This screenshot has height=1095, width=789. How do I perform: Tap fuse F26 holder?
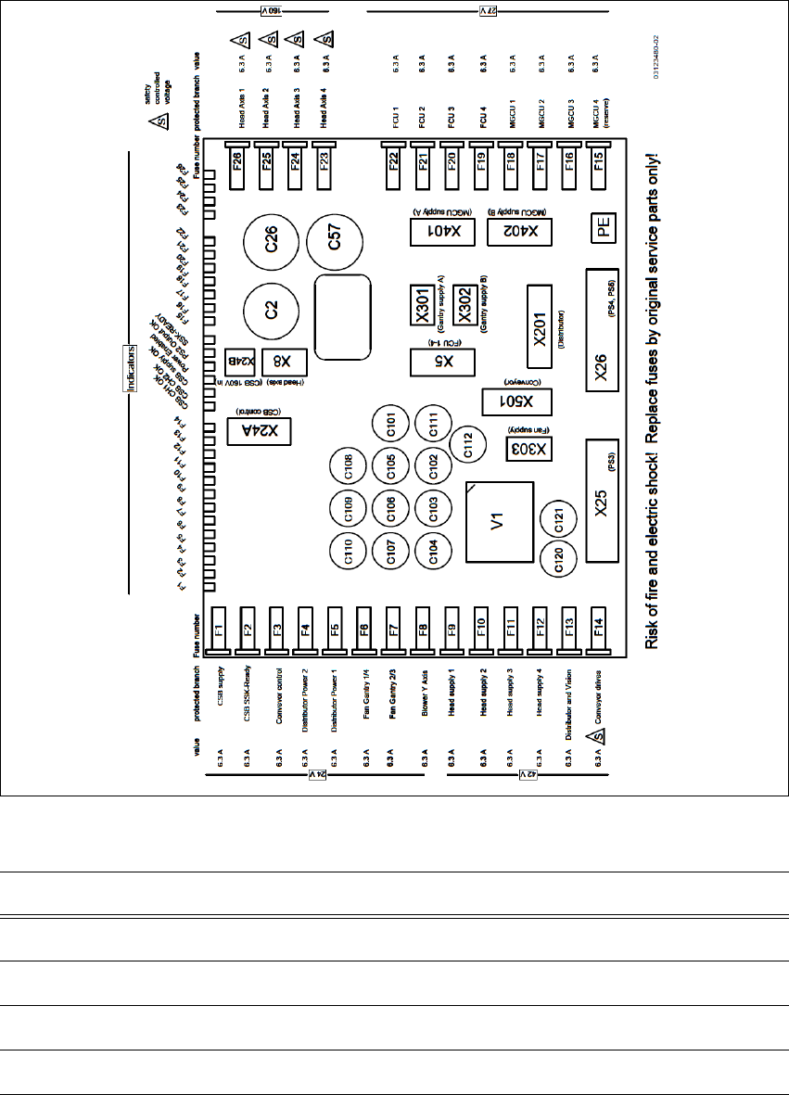(x=236, y=163)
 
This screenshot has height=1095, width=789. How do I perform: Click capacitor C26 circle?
(x=272, y=245)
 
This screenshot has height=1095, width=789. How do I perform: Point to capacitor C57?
(x=337, y=245)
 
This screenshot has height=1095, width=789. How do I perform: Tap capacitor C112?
(x=468, y=451)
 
